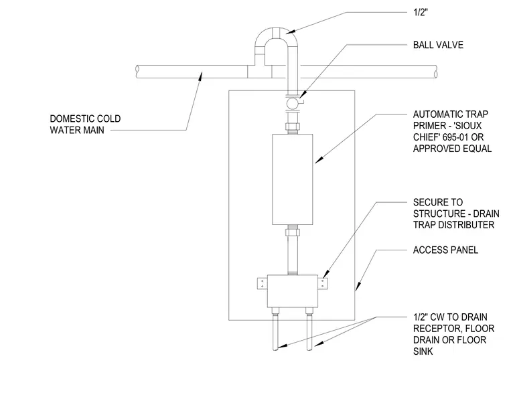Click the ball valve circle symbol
coord(291,103)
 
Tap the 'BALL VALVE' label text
coord(438,45)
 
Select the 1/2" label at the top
coord(421,12)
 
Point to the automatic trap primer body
coord(292,179)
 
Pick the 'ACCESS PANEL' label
coord(445,250)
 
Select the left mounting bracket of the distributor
coord(263,283)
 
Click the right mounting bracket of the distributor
coord(323,283)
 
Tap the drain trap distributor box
coord(293,291)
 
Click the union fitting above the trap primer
coord(292,127)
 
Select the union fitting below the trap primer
coord(292,232)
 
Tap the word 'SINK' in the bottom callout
coord(423,351)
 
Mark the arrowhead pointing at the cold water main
coord(201,76)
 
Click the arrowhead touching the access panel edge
coord(358,287)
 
